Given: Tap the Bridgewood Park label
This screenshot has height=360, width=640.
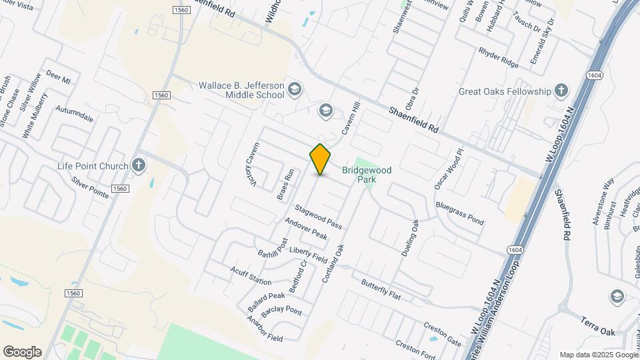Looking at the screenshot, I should pos(367,175).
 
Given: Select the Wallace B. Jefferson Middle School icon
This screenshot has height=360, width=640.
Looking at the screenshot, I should pos(295,89).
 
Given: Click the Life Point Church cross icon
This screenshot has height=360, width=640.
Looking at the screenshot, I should pos(139,165).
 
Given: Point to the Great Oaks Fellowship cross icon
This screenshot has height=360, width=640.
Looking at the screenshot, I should pos(561,91).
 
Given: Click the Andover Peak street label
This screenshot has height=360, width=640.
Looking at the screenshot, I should pos(305,229).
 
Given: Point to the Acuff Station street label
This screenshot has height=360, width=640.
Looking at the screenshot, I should pos(251,275).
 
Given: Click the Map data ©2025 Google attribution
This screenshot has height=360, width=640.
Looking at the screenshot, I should pos(597,355).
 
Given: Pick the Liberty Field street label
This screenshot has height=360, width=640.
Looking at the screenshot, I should pos(308,254).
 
